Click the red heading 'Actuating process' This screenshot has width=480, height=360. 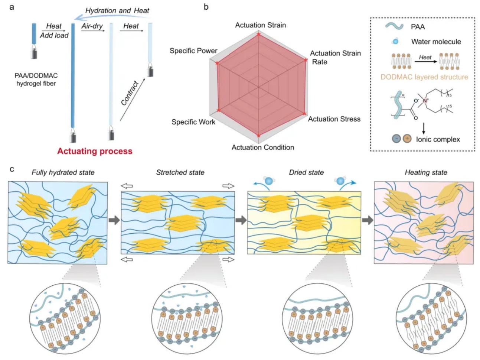95,151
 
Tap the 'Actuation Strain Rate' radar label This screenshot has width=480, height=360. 335,57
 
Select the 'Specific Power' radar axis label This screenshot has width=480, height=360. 193,51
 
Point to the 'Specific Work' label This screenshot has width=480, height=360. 193,122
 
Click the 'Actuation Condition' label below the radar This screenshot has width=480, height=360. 262,147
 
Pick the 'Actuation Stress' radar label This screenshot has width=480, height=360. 334,119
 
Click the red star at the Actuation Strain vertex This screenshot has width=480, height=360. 259,34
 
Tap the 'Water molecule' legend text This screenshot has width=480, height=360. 436,42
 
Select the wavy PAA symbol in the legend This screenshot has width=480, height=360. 394,26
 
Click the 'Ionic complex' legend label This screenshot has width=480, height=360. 438,139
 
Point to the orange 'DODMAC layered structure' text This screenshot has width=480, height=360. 424,77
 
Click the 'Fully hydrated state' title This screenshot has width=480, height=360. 63,172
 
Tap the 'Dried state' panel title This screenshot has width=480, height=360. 306,172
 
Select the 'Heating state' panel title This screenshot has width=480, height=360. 426,172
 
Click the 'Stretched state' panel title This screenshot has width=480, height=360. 180,172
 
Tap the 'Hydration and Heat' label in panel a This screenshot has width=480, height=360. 117,10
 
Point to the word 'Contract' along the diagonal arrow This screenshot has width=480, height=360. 130,93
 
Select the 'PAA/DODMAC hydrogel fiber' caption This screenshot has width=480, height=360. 36,80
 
